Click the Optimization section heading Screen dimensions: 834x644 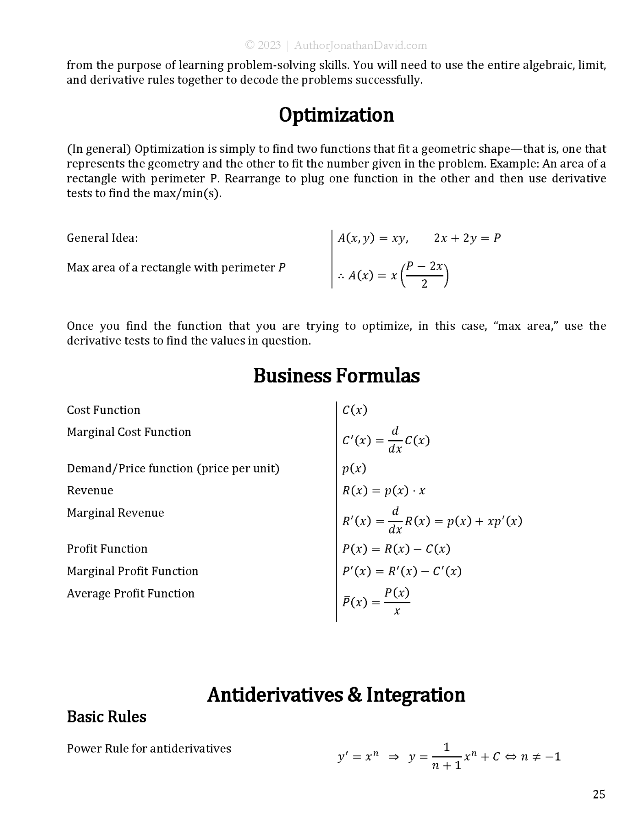point(336,115)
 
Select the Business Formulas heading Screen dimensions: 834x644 point(336,375)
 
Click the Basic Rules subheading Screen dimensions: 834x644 point(106,717)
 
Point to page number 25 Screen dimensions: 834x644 point(599,794)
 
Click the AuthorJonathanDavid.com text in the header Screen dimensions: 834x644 point(360,45)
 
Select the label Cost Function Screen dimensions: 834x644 point(103,410)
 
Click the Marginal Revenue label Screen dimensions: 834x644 point(115,513)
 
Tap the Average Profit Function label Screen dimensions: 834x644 point(130,593)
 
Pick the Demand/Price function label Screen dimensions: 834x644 point(173,468)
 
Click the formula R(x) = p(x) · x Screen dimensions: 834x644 point(383,490)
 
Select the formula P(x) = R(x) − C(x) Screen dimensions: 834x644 point(396,549)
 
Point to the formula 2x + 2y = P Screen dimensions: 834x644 point(467,238)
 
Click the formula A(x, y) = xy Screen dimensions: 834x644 point(373,238)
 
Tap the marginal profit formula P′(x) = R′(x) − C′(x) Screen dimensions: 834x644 point(402,571)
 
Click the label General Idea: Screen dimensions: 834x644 point(102,238)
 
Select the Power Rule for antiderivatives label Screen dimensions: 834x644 point(149,748)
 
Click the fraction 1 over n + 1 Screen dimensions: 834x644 point(447,757)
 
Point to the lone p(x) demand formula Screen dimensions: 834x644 point(354,468)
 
